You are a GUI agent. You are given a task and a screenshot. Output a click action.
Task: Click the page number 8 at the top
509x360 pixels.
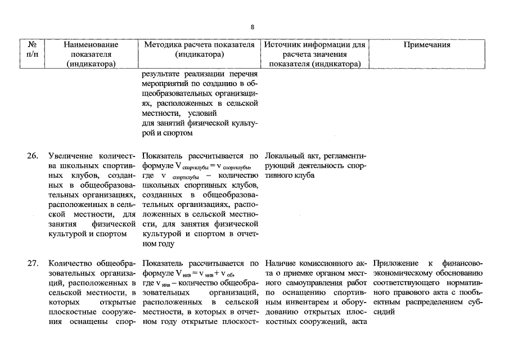253,27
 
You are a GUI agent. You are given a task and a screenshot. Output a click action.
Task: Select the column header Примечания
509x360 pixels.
427,45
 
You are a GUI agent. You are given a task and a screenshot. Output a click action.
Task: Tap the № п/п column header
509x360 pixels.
31,49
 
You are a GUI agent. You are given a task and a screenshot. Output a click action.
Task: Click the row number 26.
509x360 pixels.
32,155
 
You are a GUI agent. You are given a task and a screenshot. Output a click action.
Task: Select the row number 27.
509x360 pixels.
32,263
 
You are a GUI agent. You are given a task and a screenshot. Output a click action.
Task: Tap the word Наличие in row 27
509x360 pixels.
282,263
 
